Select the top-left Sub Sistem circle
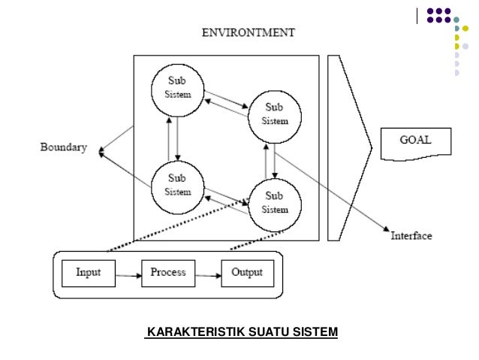pyautogui.click(x=177, y=88)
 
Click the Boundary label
pyautogui.click(x=63, y=147)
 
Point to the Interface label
pyautogui.click(x=411, y=236)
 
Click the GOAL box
pyautogui.click(x=415, y=142)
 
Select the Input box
pyautogui.click(x=88, y=272)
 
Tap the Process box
pyautogui.click(x=168, y=272)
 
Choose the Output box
pyautogui.click(x=247, y=272)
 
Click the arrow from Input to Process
pyautogui.click(x=128, y=276)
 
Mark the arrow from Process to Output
pyautogui.click(x=208, y=276)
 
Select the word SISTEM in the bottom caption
pyautogui.click(x=315, y=331)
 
